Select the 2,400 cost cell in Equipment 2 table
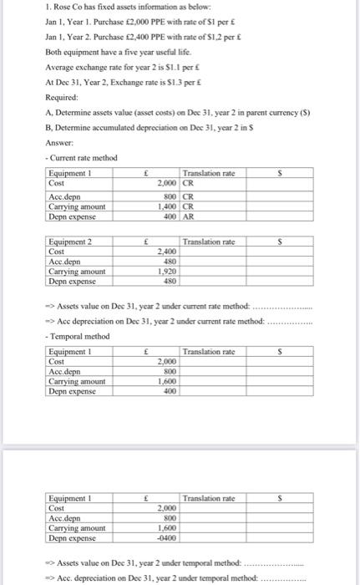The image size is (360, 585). pos(168,251)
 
